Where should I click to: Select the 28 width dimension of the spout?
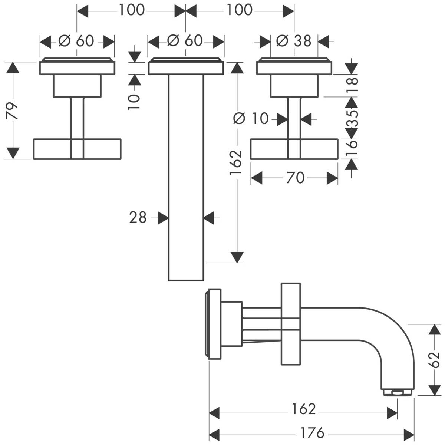point(138,218)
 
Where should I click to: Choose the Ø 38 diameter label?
point(294,41)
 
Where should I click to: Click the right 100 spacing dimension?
point(240,10)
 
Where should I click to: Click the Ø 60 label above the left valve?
point(76,41)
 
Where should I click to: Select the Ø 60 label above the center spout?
point(185,41)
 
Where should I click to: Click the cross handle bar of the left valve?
point(77,149)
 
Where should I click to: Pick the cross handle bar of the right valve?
point(294,149)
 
